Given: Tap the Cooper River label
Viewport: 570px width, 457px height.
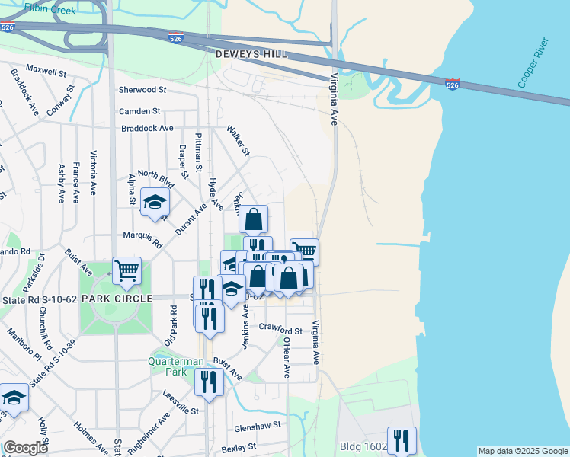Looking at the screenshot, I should (x=533, y=62).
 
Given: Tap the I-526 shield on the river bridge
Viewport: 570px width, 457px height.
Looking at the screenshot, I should (x=452, y=85).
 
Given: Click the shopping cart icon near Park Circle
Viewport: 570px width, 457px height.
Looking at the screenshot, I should (x=126, y=270).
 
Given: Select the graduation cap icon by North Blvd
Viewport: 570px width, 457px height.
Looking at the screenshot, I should (x=155, y=203).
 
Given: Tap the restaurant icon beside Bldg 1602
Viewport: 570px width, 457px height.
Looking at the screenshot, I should (x=402, y=439).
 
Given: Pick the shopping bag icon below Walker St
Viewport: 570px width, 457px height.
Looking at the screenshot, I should (x=254, y=219).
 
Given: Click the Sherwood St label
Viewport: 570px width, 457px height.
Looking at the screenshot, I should (x=137, y=90).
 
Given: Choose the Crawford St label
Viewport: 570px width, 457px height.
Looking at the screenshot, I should (x=280, y=330).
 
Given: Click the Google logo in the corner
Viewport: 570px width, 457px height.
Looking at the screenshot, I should (x=25, y=448).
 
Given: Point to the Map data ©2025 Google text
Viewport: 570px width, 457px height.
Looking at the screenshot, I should (x=522, y=451).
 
